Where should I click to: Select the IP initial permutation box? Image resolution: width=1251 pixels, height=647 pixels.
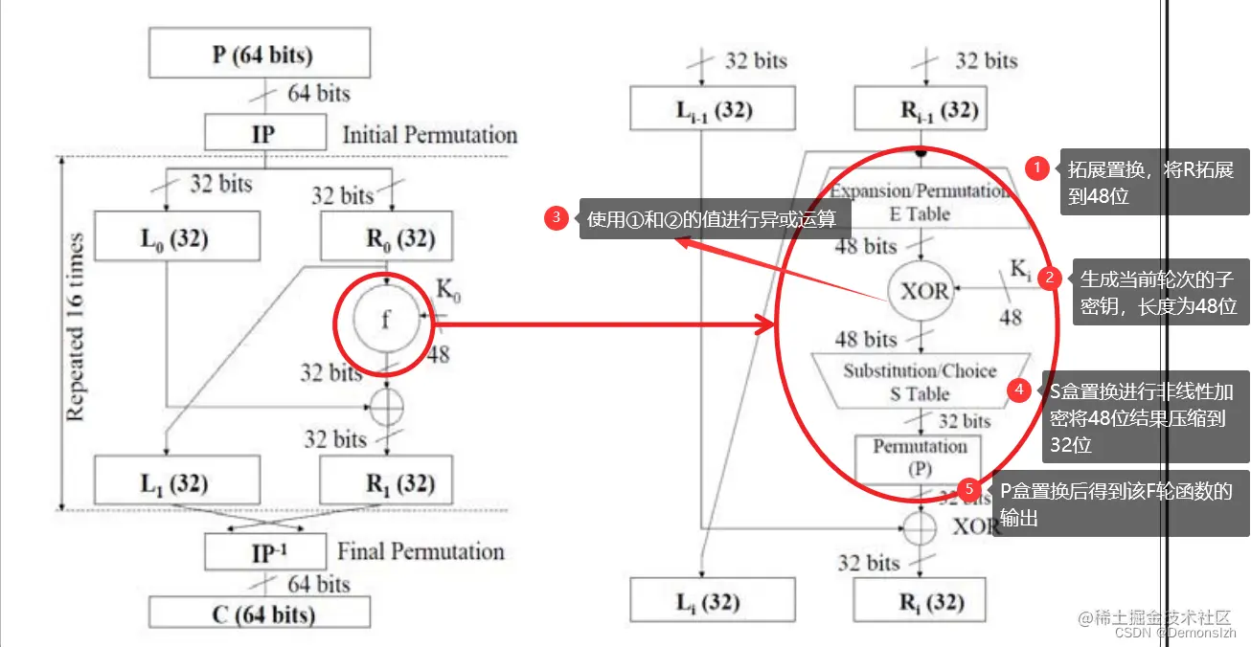coord(262,133)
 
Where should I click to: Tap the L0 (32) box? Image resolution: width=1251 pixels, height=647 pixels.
coord(178,236)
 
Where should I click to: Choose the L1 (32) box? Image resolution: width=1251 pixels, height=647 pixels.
coord(178,482)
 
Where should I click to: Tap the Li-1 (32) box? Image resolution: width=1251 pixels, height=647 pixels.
coord(714,108)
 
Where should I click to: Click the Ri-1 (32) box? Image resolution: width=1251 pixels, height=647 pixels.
coord(921,108)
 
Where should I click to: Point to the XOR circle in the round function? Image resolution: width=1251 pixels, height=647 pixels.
coord(923,291)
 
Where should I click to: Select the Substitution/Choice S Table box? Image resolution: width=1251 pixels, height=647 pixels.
coord(920,382)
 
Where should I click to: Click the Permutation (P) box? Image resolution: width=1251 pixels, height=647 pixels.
coord(920,458)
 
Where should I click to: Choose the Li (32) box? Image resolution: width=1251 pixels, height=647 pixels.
coord(714,602)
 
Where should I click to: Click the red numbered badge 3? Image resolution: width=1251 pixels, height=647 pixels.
coord(557,217)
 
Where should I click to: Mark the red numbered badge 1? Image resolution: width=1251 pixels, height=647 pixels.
coord(1037,168)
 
